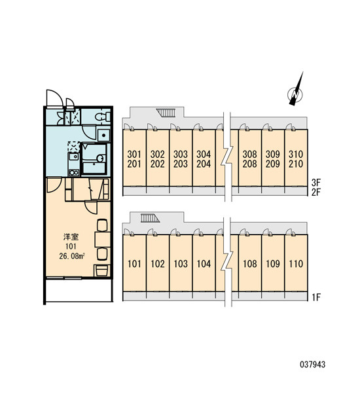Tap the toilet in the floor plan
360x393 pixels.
point(103,117)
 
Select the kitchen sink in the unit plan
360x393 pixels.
point(74,157)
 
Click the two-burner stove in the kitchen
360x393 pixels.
point(74,172)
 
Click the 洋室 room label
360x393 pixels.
point(71,236)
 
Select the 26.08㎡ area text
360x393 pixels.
point(71,256)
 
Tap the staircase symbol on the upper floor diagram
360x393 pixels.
point(166,113)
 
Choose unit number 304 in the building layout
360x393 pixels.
point(204,154)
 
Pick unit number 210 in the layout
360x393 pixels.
point(296,164)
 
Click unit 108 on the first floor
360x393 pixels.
point(250,264)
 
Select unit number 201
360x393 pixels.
point(134,164)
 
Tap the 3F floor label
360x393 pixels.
point(316,182)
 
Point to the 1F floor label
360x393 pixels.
point(316,297)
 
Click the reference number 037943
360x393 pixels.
point(313,364)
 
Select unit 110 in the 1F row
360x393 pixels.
point(296,264)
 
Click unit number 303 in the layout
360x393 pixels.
point(181,154)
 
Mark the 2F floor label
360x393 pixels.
point(316,192)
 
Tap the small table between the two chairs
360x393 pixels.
point(103,239)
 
